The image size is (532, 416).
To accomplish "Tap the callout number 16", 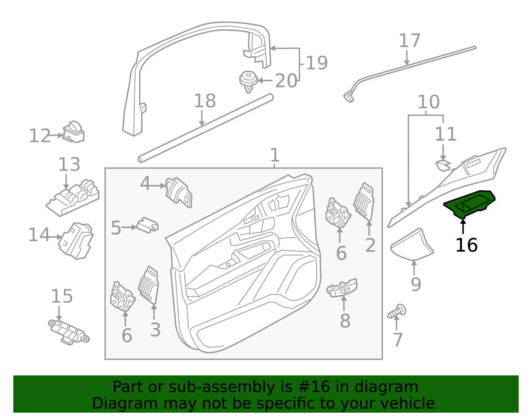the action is (466, 245).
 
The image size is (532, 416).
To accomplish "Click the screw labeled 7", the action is (397, 311).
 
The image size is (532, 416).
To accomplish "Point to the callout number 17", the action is (410, 41).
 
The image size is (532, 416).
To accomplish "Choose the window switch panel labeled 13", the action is (73, 198).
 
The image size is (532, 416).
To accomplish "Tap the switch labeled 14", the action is (76, 241).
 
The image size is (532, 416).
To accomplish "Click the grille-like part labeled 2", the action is (364, 202).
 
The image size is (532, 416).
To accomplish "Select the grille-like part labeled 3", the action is (148, 285).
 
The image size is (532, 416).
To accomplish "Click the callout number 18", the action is (205, 101).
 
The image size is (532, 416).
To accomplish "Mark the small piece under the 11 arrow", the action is (443, 166).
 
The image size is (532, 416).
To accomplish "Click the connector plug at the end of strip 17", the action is (349, 97).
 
